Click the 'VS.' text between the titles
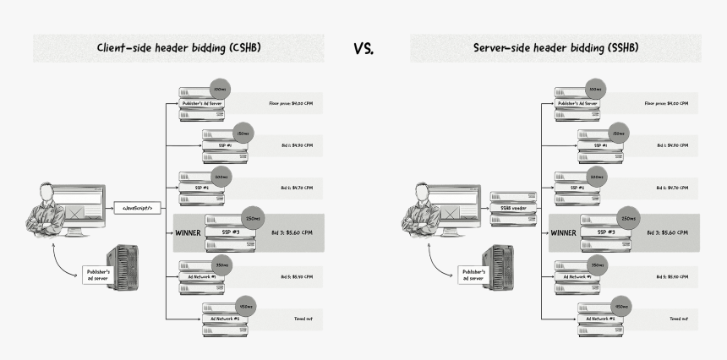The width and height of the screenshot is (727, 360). tap(363, 48)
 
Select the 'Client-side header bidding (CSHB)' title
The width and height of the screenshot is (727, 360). tap(178, 47)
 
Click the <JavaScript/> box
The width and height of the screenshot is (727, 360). tap(138, 207)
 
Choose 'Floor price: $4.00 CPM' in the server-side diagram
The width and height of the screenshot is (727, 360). tap(666, 103)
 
